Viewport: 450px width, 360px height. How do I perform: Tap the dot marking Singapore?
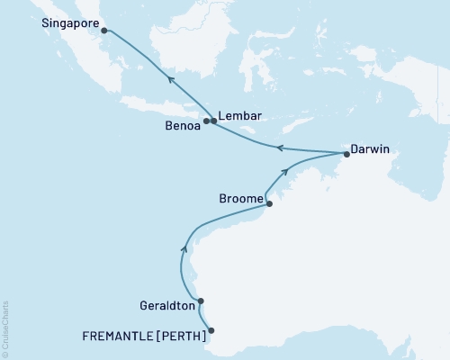point(104,31)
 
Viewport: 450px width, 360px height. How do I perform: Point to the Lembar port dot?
point(214,121)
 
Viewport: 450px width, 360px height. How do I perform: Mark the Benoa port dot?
point(206,121)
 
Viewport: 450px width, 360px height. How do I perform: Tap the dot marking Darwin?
point(346,154)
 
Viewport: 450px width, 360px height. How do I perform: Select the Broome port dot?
point(269,203)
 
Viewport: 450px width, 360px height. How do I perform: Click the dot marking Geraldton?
point(201,301)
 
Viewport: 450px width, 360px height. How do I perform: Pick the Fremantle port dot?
point(213,331)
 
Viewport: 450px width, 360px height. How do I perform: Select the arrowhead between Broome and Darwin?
point(287,171)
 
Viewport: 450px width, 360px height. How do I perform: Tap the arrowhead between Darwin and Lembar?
point(280,147)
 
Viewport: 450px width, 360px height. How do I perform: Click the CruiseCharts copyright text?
point(5,329)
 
